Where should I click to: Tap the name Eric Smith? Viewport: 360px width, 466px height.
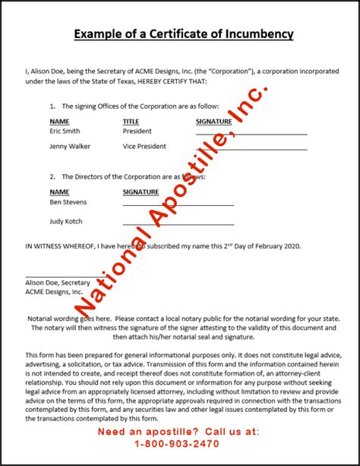point(66,131)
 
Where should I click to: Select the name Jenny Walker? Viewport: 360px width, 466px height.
point(71,146)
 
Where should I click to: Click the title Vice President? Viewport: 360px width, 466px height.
point(144,146)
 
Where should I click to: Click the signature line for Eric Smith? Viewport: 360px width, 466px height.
point(251,134)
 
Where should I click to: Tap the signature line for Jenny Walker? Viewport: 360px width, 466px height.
point(251,149)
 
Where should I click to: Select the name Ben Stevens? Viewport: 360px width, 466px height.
point(68,202)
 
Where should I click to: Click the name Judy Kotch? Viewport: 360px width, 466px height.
point(66,221)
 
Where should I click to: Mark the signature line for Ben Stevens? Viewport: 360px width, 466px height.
point(178,205)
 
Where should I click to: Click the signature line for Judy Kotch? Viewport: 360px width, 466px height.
point(178,225)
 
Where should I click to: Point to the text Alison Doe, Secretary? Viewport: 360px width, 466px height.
point(57,282)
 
